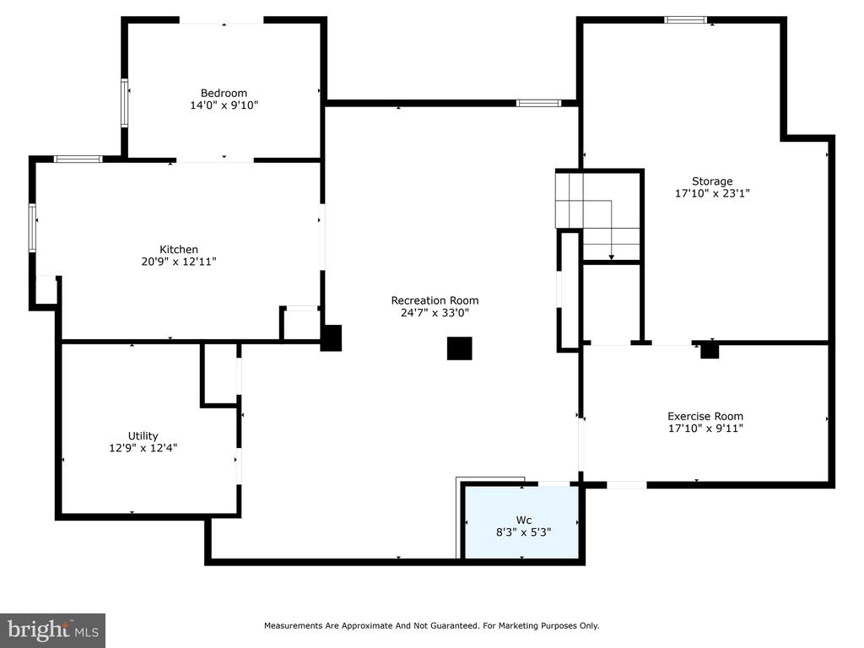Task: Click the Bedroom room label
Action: pos(224,93)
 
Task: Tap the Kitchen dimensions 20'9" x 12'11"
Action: pos(179,262)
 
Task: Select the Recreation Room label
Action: pos(435,300)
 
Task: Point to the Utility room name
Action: pos(143,436)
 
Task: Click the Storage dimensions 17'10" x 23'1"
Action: pos(712,193)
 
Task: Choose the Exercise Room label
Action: pos(705,416)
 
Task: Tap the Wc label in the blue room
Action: pos(523,520)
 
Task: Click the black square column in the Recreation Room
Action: pos(459,348)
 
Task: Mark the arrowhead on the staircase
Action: pos(611,256)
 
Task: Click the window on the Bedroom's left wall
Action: pos(125,103)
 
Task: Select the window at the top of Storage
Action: pos(685,20)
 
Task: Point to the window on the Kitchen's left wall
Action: pos(32,228)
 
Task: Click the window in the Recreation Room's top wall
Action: pos(538,103)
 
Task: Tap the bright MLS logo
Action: pos(52,630)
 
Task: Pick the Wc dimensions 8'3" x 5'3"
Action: pos(523,532)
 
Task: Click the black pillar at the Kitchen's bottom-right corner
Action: pos(331,337)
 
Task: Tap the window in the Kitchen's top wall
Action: pos(78,159)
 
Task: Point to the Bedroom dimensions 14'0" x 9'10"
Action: pos(224,105)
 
